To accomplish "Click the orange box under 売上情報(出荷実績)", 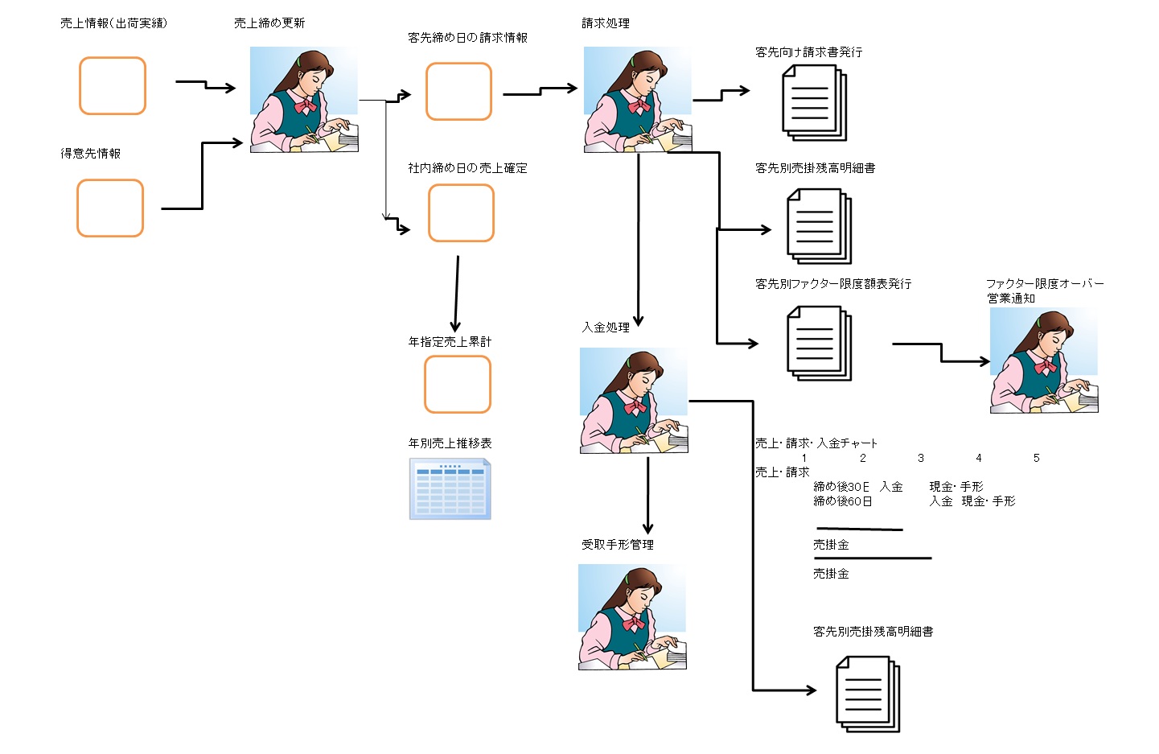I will coord(113,86).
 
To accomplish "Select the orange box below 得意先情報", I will coord(110,208).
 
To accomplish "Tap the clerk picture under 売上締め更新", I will coord(304,100).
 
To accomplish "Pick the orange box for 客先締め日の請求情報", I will coord(458,92).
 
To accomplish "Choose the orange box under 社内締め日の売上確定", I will coord(461,213).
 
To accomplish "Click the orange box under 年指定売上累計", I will coord(458,385).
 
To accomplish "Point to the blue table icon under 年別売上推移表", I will coord(450,489).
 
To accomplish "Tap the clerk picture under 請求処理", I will coord(638,100).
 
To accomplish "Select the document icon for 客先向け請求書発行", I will coord(815,103).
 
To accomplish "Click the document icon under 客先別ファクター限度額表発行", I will coord(819,343).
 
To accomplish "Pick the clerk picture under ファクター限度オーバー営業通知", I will coord(1044,361).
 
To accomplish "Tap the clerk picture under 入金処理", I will coord(634,401).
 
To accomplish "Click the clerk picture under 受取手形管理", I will coord(632,617).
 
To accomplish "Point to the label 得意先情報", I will coord(91,154).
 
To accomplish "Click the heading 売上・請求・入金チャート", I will coord(816,443).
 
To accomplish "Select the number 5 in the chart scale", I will coord(1036,458).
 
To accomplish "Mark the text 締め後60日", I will coord(842,501).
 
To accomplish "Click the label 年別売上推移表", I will coord(450,443).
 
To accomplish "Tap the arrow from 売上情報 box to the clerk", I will coord(206,84).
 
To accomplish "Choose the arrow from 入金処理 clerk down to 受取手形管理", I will coord(647,495).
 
